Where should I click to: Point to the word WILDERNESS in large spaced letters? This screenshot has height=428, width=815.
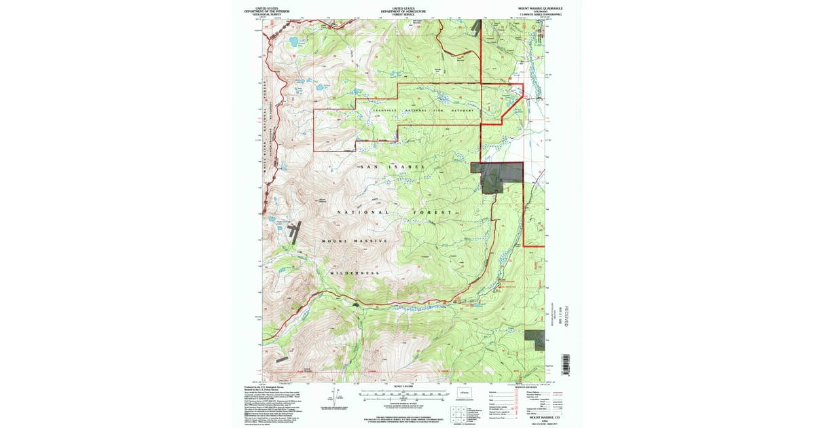pos(355,272)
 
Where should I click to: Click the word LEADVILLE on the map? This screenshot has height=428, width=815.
pos(386,110)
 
